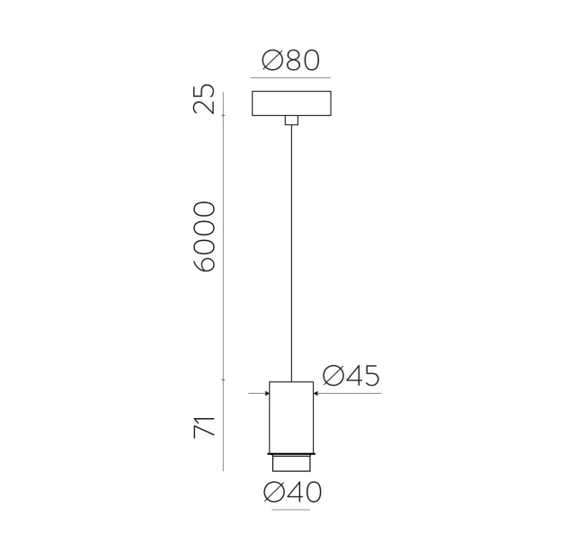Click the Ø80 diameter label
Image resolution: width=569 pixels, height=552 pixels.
coord(290,60)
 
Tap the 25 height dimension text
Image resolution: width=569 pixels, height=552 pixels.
coord(204,99)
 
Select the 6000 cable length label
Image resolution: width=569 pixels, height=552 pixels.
coord(204,236)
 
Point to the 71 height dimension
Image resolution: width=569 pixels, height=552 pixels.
coord(204,427)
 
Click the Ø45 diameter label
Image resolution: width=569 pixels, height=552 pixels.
coord(351,375)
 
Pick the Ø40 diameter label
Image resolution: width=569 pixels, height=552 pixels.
coord(293,493)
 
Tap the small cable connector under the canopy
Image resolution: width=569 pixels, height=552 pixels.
coord(291,120)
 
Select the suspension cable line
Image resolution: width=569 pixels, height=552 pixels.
coord(291,254)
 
